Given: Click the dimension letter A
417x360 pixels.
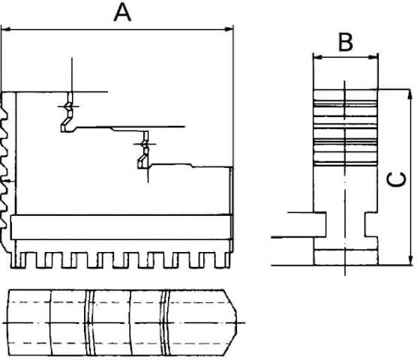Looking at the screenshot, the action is pos(122,12).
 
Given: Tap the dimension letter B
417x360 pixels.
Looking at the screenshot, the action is pos(346,42).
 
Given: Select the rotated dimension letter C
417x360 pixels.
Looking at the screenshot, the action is pos(396,179).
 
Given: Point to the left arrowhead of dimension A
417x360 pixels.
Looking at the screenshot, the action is pos(6,29).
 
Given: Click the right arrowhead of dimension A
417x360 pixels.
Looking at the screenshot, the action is pos(229,29).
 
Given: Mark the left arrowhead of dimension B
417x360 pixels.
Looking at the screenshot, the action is pos(318,57).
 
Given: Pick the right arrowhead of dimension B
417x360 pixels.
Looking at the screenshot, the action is pos(373,57).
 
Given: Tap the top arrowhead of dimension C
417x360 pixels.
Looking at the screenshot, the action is pos(409,94).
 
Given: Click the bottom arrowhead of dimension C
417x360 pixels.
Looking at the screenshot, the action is pos(410,260).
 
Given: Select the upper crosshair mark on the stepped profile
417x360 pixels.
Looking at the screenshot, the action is pos(68,106).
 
